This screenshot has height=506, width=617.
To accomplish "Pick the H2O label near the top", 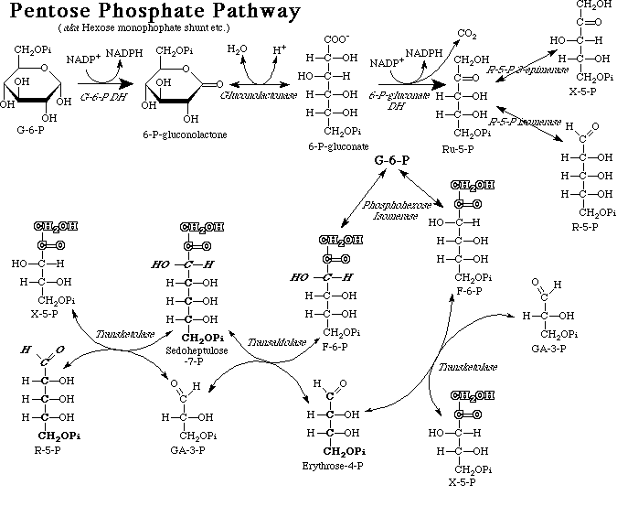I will click(x=237, y=48).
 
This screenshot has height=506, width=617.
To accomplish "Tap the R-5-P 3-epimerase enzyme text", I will click(x=528, y=70).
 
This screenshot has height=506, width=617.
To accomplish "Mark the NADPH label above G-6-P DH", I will click(x=121, y=55).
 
